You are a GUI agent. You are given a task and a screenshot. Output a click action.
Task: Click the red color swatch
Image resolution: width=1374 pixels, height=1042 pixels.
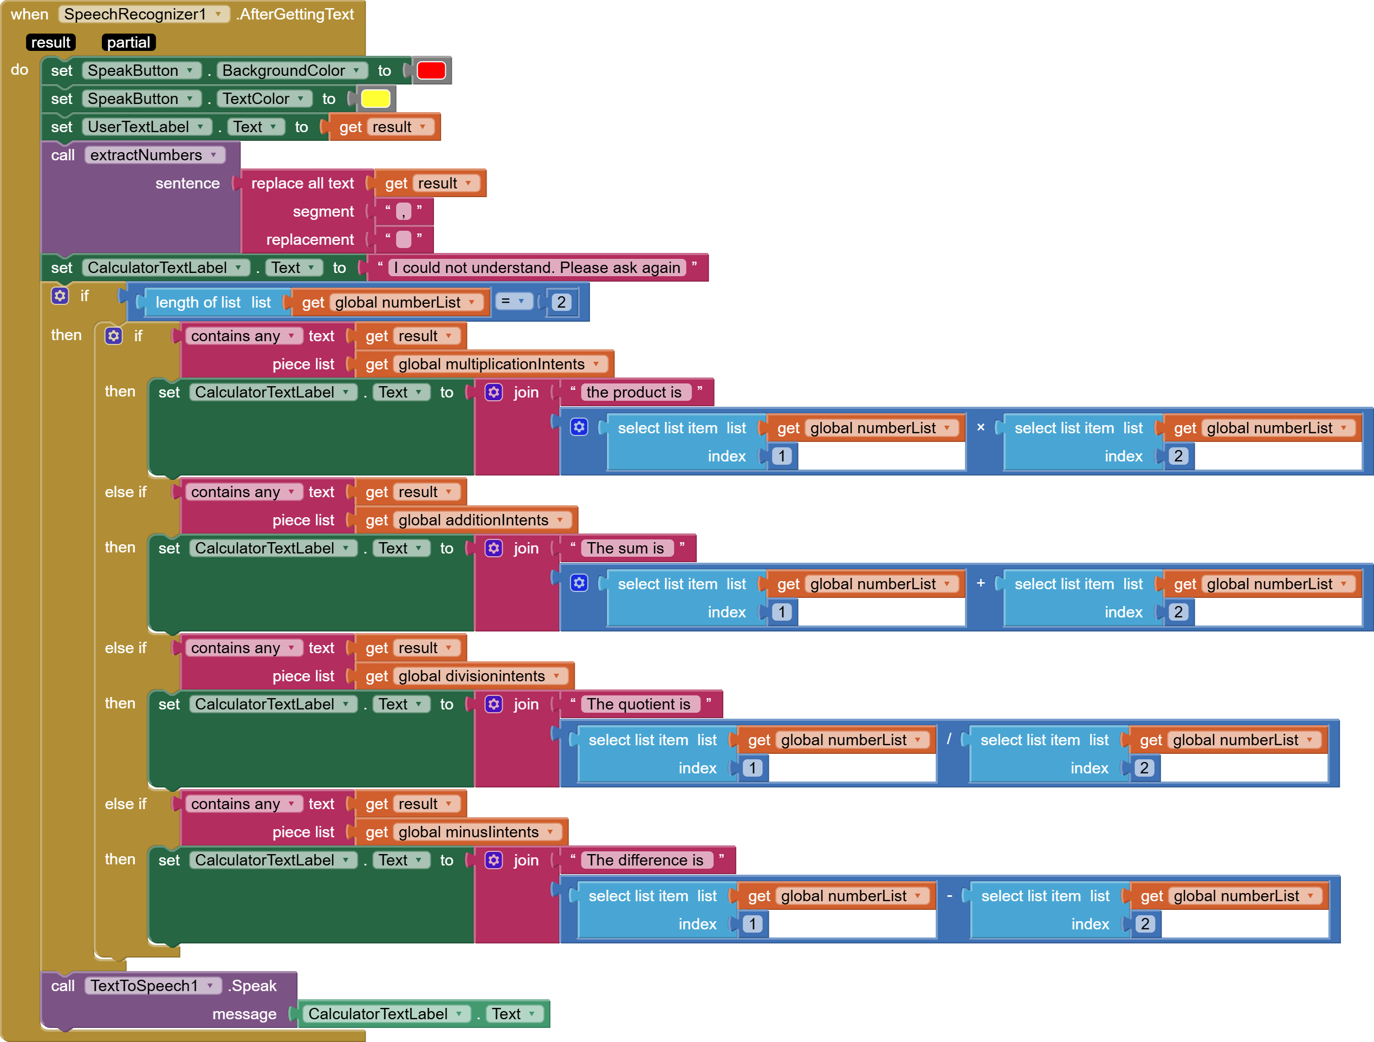point(431,71)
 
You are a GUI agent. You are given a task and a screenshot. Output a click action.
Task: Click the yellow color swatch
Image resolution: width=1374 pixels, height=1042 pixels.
point(375,99)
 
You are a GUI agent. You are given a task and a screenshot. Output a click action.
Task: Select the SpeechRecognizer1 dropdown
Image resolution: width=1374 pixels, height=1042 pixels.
point(144,14)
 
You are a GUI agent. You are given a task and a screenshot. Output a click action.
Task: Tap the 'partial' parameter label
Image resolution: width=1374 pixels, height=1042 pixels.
point(128,42)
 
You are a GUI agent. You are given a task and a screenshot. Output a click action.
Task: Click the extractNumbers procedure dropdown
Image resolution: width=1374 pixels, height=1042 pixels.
point(154,155)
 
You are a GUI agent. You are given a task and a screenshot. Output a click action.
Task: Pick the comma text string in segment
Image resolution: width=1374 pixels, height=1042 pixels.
point(403,212)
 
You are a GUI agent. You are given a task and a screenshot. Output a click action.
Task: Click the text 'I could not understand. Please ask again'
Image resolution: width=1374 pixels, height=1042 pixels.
point(537,268)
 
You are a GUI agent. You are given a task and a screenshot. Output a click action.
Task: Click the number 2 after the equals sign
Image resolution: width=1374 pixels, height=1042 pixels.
point(561,302)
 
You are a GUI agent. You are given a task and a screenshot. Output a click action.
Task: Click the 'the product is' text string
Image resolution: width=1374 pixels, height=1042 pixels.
point(633,393)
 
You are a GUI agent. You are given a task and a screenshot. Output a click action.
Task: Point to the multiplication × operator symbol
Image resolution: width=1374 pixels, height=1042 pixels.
point(981,427)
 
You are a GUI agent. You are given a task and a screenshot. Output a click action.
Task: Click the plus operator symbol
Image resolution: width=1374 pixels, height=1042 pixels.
point(981,583)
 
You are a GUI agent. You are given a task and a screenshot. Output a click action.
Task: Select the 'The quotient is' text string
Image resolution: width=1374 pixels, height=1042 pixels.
point(639,704)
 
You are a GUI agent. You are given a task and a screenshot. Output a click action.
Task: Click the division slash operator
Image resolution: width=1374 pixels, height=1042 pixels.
point(949,739)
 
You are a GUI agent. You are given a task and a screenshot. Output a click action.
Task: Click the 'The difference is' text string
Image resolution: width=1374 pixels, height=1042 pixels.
point(645,860)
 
